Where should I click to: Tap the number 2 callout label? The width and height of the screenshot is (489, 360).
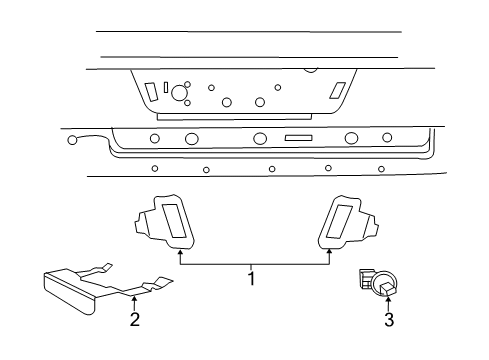pyautogui.click(x=134, y=319)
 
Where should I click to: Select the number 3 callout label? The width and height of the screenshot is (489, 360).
pyautogui.click(x=389, y=319)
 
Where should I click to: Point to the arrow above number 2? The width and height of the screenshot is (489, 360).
pyautogui.click(x=134, y=301)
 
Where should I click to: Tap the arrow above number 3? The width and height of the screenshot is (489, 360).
pyautogui.click(x=389, y=302)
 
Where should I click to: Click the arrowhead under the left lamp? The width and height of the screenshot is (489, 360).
pyautogui.click(x=180, y=253)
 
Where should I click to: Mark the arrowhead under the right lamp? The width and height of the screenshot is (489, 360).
pyautogui.click(x=329, y=253)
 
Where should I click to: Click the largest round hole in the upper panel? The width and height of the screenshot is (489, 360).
pyautogui.click(x=180, y=94)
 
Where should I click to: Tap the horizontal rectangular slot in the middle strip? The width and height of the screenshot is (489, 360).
pyautogui.click(x=298, y=138)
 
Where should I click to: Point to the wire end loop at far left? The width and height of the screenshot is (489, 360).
pyautogui.click(x=73, y=140)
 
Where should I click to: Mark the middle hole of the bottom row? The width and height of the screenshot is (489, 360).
pyautogui.click(x=272, y=169)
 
